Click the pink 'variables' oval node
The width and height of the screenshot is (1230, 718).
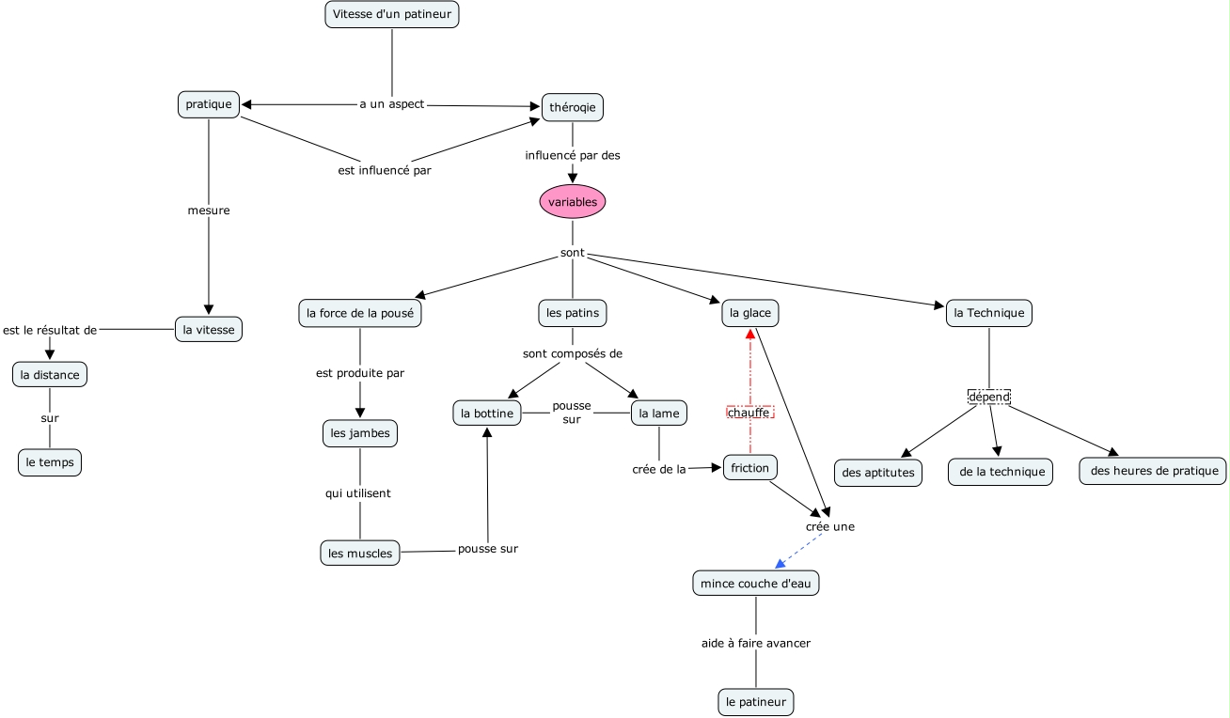[x=573, y=201]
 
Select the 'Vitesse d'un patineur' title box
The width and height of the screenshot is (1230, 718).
[x=392, y=14]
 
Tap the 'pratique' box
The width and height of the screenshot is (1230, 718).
[x=209, y=104]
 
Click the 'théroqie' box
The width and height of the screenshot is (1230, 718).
[x=572, y=107]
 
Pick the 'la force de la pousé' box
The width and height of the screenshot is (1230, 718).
[x=359, y=313]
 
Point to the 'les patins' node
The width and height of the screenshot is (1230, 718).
[x=573, y=313]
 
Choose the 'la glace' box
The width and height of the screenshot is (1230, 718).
[x=749, y=313]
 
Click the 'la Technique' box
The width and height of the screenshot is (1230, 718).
[x=988, y=313]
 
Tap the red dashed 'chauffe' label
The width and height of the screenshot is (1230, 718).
[x=749, y=412]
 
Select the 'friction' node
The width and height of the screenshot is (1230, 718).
[x=749, y=467]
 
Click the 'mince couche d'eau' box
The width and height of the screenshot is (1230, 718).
[x=756, y=583]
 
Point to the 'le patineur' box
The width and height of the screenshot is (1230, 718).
[x=755, y=701]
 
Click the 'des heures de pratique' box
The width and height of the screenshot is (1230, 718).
[x=1153, y=471]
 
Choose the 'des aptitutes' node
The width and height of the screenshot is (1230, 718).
[x=878, y=473]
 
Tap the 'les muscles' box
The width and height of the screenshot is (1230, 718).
[x=360, y=553]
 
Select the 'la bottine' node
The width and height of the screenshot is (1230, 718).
[x=487, y=413]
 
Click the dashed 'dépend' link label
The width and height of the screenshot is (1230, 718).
[x=988, y=397]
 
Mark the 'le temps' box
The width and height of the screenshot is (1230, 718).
[x=50, y=461]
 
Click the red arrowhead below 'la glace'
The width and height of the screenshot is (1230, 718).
[x=750, y=334]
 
